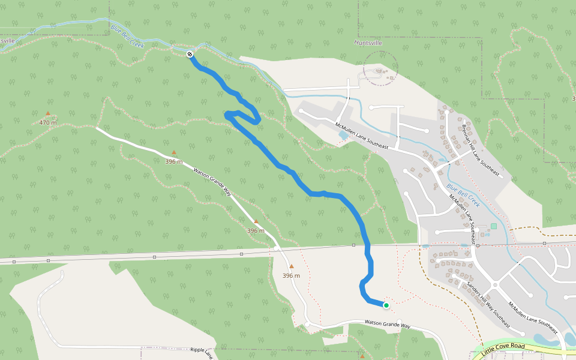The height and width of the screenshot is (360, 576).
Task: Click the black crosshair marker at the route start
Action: click(190, 54)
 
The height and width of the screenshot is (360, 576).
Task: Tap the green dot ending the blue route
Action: click(386, 305)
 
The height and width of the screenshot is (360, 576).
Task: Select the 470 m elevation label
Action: click(48, 123)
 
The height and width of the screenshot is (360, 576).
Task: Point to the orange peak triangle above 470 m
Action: click(48, 113)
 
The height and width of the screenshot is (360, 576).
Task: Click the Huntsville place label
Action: click(368, 43)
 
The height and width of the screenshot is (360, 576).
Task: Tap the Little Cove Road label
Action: click(503, 347)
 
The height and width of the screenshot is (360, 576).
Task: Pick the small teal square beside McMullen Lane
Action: click(494, 226)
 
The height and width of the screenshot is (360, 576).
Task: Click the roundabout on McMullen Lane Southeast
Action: click(495, 285)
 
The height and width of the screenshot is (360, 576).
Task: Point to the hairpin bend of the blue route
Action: click(229, 114)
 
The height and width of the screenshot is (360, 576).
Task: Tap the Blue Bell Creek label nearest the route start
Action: click(128, 36)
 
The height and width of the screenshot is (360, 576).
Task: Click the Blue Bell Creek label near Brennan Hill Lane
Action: click(463, 192)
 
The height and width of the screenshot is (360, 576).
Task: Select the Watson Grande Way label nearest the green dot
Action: click(388, 325)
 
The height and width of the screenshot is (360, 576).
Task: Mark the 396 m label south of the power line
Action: click(291, 276)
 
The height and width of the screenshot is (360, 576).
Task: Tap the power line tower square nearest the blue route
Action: click(354, 245)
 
